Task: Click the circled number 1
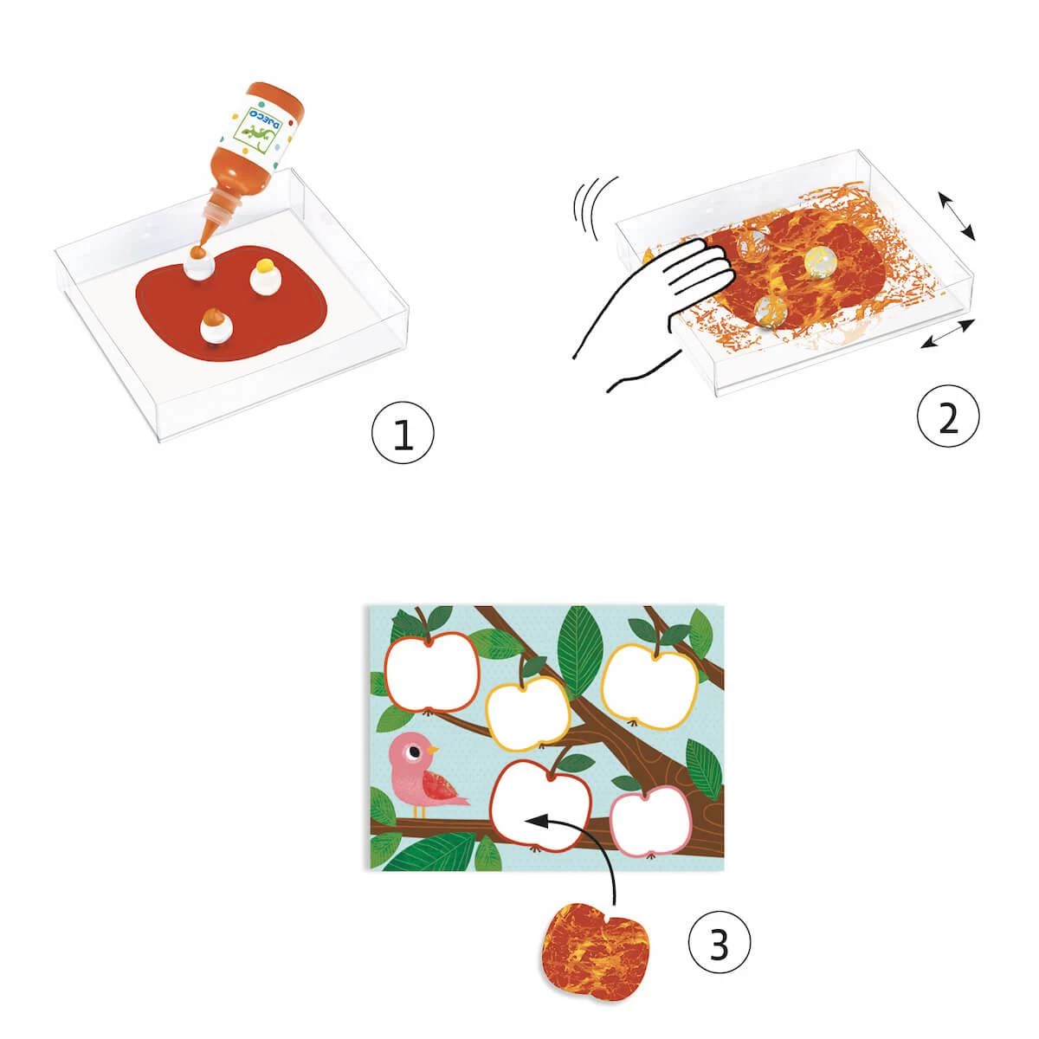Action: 403,436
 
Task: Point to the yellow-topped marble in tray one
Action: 265,276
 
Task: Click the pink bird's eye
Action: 415,751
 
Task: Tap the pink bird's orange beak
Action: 432,750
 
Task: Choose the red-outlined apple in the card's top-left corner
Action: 431,672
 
